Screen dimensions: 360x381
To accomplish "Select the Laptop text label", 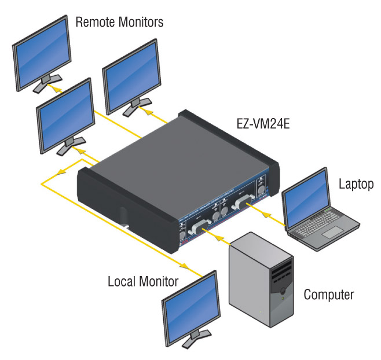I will point(356,184).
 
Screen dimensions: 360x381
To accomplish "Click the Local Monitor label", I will point(143,282).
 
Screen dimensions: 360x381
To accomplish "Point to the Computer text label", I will point(329,295).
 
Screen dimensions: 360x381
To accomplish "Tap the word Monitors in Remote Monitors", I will point(141,23).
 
